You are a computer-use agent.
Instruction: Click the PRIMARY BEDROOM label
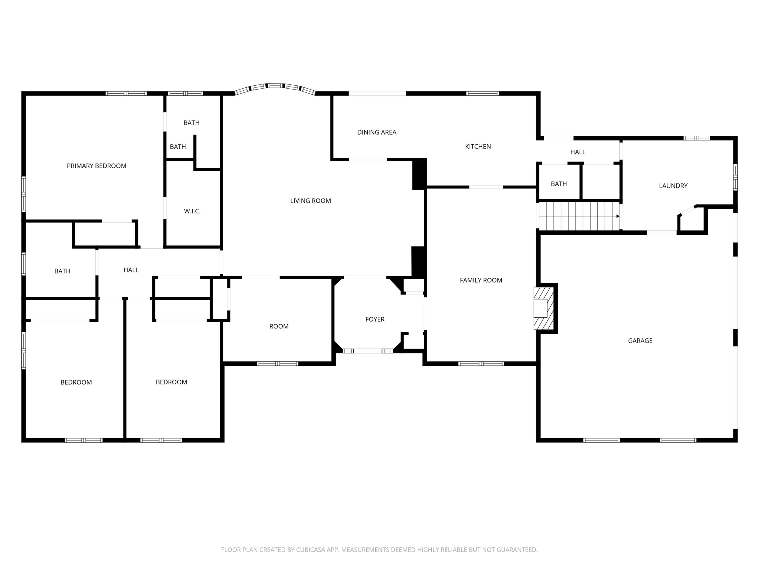(96, 166)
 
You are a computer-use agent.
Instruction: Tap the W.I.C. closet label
(192, 211)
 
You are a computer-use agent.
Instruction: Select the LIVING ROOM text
(310, 201)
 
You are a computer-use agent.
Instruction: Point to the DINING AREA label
(377, 132)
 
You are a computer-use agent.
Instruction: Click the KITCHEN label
(478, 147)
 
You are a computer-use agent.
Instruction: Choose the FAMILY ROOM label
(481, 281)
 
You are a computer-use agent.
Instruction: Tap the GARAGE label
(640, 341)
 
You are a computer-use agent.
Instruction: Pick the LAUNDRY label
(673, 186)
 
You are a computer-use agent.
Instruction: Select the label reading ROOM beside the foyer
(279, 327)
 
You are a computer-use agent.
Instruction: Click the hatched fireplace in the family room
(544, 308)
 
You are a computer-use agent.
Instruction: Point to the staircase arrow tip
(619, 216)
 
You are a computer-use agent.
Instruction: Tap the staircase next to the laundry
(579, 216)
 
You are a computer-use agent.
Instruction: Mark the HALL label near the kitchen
(578, 152)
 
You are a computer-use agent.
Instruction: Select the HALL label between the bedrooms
(131, 270)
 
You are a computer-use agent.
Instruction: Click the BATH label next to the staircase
(559, 184)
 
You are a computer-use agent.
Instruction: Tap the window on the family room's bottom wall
(481, 364)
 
